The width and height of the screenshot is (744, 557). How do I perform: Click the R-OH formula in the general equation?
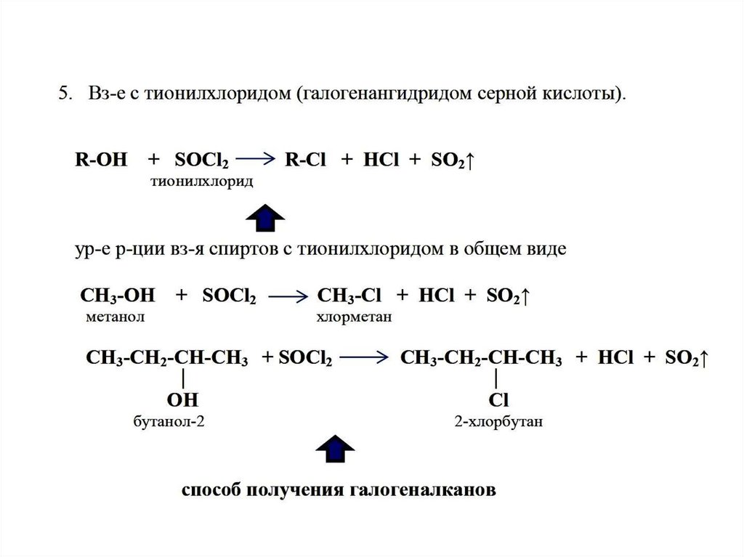tap(101, 160)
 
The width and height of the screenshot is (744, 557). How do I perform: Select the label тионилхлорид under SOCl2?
tap(201, 182)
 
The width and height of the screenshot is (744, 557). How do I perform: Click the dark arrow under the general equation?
tap(265, 217)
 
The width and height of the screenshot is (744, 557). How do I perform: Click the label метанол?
tap(115, 317)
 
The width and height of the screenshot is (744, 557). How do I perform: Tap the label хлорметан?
tap(354, 317)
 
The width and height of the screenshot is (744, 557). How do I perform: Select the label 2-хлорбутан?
tap(497, 421)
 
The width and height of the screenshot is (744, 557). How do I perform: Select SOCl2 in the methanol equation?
tap(229, 296)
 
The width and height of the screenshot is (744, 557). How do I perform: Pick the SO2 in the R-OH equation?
tap(449, 160)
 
